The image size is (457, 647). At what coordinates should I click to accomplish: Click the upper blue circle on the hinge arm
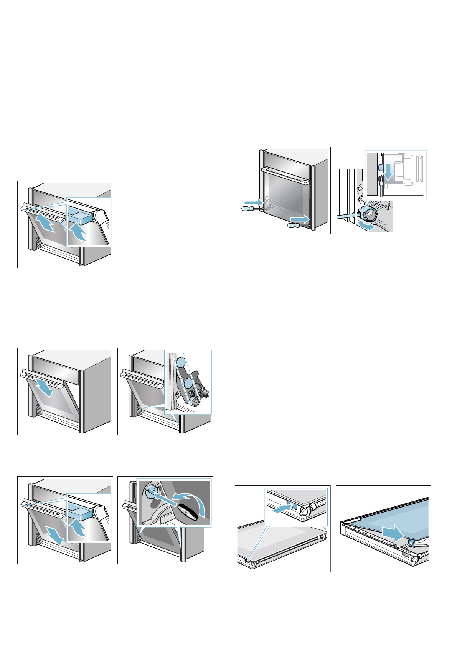click(x=180, y=362)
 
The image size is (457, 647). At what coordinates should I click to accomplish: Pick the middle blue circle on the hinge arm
click(x=188, y=384)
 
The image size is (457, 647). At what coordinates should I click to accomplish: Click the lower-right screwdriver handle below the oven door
click(x=294, y=226)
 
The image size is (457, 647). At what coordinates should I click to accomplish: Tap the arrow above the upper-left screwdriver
click(x=253, y=202)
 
